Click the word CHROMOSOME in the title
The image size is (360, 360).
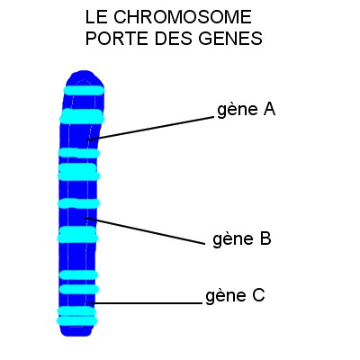click(x=183, y=17)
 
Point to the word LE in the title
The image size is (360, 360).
click(x=96, y=17)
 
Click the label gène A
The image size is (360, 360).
click(x=246, y=110)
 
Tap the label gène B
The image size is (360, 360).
click(x=242, y=239)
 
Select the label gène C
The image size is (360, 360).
click(x=235, y=296)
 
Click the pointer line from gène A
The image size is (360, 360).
click(x=150, y=129)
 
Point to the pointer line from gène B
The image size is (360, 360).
click(x=145, y=230)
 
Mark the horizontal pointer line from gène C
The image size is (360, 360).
click(x=146, y=303)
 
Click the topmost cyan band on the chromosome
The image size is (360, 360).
click(x=84, y=90)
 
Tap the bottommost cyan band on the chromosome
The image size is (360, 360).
click(x=77, y=321)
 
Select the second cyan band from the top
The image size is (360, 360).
click(x=82, y=116)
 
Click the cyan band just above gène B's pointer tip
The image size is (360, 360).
click(x=78, y=203)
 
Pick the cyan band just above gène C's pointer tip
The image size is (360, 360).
click(x=79, y=289)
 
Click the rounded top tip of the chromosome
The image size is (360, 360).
click(x=84, y=73)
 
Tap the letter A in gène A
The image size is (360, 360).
click(x=269, y=109)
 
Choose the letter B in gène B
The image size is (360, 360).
click(x=265, y=238)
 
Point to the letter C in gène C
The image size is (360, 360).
click(x=258, y=295)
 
